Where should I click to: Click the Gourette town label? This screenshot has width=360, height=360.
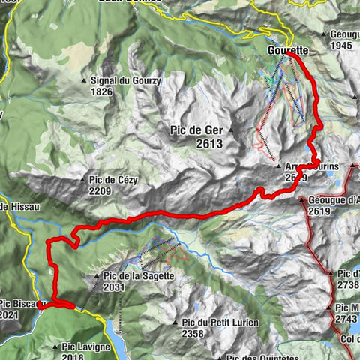pyautogui.click(x=286, y=51)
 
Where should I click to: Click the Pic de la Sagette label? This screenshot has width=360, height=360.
pyautogui.click(x=139, y=275)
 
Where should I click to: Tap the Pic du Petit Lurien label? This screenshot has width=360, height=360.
pyautogui.click(x=220, y=322)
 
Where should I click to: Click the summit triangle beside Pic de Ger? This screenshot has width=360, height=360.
pyautogui.click(x=232, y=131)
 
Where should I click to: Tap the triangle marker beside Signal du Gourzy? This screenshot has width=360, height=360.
pyautogui.click(x=85, y=80)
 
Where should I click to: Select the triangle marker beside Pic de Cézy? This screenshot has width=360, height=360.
pyautogui.click(x=83, y=180)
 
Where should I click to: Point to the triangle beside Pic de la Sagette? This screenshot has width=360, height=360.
pyautogui.click(x=98, y=276)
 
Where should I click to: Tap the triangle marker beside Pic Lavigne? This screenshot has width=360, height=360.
pyautogui.click(x=56, y=346)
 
